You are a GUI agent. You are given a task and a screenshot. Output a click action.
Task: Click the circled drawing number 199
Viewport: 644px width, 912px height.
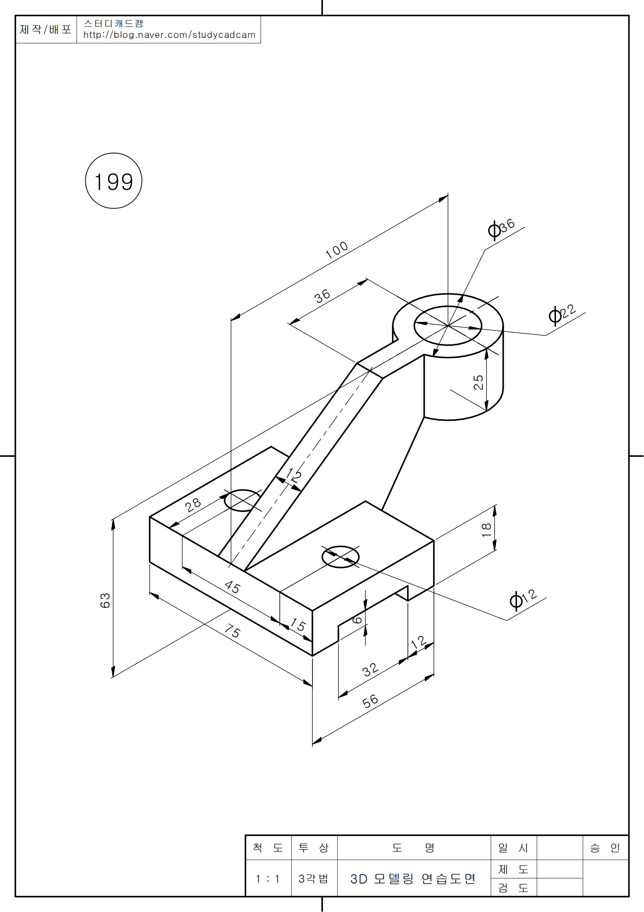tap(113, 181)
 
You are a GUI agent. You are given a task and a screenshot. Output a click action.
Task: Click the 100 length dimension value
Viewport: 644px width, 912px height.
tap(337, 250)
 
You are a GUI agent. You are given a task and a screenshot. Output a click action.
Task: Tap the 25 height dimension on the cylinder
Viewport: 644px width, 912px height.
tap(478, 382)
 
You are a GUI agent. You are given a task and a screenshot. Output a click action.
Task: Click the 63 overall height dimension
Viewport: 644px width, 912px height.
tap(105, 600)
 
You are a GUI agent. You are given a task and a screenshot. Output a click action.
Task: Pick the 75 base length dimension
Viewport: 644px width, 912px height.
tap(232, 630)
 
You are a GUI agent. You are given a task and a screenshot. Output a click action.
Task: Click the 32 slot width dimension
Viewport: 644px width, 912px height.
tap(370, 670)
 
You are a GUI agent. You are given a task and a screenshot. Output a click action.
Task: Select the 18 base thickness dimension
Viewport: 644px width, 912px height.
tap(487, 530)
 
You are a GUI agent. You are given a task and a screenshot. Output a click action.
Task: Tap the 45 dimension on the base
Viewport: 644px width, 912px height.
tap(232, 587)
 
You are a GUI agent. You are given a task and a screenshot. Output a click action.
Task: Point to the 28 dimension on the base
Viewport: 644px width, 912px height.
tap(193, 505)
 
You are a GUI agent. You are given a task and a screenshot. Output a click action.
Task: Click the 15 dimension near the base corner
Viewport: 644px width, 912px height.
tap(298, 625)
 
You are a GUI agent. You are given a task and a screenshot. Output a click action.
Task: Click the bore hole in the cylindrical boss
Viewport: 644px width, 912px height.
tap(448, 326)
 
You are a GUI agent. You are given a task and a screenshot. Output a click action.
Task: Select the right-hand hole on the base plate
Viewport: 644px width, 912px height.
tap(341, 557)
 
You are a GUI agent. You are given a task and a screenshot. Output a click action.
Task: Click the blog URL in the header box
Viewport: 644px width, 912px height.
tap(169, 35)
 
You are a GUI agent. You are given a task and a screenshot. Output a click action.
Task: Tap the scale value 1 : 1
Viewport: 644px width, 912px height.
tap(268, 879)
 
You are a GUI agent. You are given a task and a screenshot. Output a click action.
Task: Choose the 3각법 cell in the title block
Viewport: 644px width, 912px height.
tap(314, 879)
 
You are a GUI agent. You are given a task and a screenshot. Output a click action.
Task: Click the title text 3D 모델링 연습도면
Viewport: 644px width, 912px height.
tap(413, 879)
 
